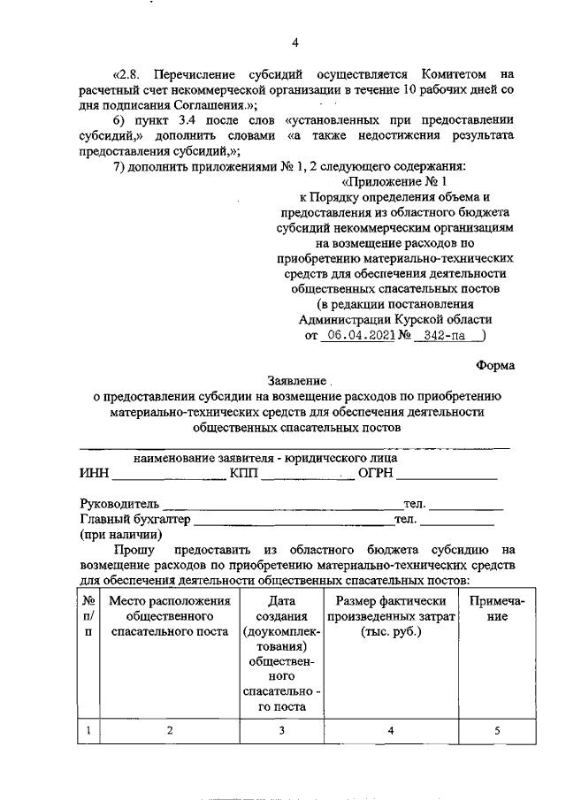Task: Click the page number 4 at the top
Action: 296,42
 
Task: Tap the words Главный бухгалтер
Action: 135,519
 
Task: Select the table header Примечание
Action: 497,609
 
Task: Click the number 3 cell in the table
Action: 280,729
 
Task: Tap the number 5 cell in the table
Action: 497,729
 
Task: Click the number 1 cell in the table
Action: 88,729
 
